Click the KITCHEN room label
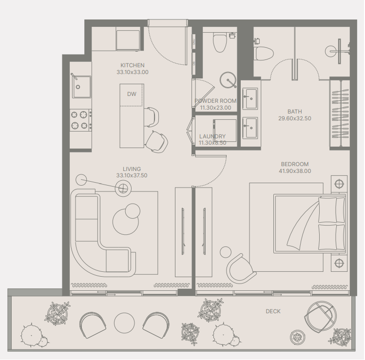coord(132,65)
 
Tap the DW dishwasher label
coord(132,94)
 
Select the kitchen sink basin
coord(81,87)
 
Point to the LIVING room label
coord(132,169)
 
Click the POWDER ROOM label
coord(215,101)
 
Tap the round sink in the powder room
coord(228,80)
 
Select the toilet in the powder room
coord(219,42)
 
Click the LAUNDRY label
coord(212,136)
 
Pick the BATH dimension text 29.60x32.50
coord(295,118)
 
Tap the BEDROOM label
coord(295,164)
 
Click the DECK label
coord(273,311)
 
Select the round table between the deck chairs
coord(124,323)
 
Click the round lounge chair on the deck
coord(321,317)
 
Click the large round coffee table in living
coord(125,221)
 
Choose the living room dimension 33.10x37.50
coord(132,175)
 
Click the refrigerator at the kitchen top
coord(128,40)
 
